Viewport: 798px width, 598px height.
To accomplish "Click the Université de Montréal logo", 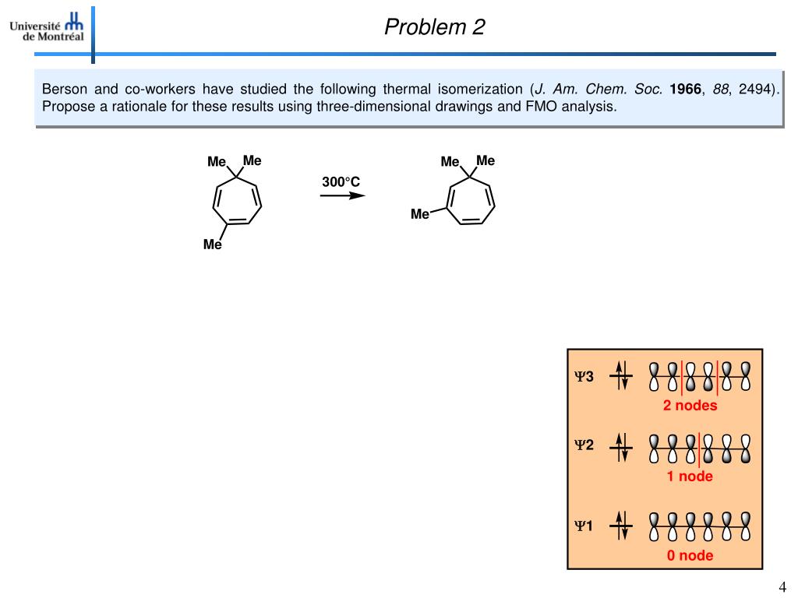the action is [x=47, y=29].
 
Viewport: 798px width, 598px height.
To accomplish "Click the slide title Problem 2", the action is [x=434, y=28].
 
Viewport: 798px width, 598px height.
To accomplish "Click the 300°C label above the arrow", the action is [x=341, y=182].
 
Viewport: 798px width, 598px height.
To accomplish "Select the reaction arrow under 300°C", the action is [x=342, y=195].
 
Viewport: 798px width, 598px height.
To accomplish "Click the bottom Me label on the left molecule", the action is [x=213, y=244].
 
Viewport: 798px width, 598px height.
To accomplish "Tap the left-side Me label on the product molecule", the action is [x=420, y=214].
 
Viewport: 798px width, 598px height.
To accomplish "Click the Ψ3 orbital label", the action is [x=584, y=377].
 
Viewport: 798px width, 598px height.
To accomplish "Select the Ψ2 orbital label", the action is [x=584, y=446].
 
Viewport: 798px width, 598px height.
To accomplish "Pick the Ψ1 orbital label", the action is [x=584, y=526].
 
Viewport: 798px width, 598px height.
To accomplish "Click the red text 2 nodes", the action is [x=690, y=406].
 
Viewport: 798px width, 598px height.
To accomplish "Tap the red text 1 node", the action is [x=690, y=477].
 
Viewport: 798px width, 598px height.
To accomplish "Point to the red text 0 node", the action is [x=690, y=555].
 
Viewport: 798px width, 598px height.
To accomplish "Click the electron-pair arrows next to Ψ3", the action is [x=621, y=377].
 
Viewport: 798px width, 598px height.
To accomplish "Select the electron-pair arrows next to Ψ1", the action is [x=621, y=526].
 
